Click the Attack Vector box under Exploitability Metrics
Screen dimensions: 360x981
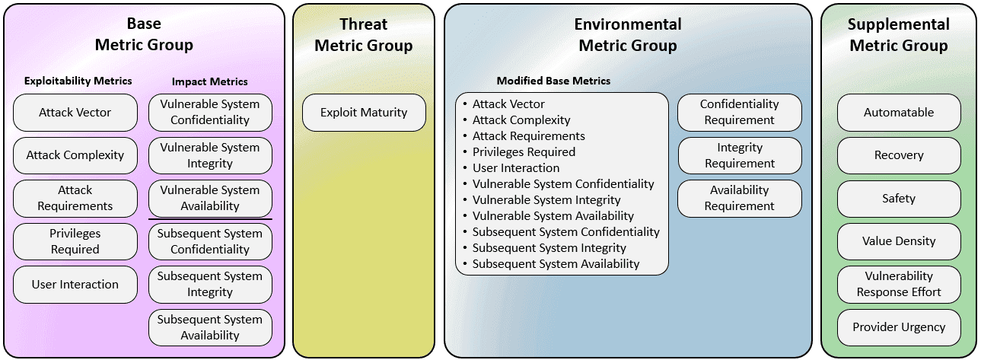click(x=75, y=113)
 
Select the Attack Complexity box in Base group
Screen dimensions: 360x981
click(x=75, y=155)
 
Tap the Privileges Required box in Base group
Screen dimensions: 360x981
click(x=75, y=241)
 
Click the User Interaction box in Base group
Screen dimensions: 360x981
click(x=75, y=285)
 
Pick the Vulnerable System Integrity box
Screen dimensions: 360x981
click(x=210, y=155)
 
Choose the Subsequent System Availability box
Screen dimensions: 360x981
click(x=210, y=327)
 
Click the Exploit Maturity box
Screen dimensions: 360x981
click(x=364, y=113)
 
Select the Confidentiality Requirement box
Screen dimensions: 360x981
click(x=740, y=112)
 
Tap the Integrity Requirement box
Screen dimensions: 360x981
click(x=740, y=155)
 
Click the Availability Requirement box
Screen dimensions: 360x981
click(x=740, y=198)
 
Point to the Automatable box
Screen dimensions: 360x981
click(x=899, y=113)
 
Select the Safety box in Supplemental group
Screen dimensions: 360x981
click(x=899, y=199)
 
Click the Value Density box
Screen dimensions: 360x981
click(x=899, y=241)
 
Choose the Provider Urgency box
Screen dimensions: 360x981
click(x=899, y=327)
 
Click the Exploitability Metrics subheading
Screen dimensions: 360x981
click(x=78, y=81)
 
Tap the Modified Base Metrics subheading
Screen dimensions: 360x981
click(x=553, y=81)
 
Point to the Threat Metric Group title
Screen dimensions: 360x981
click(x=364, y=35)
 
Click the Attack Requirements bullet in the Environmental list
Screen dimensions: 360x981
click(x=528, y=136)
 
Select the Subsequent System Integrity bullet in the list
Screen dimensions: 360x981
click(x=549, y=248)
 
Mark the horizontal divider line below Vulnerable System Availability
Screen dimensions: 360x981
click(x=210, y=219)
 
